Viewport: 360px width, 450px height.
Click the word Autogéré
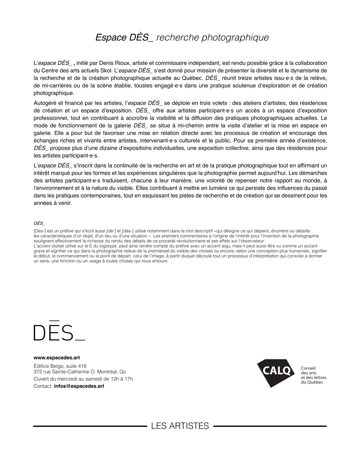(x=45, y=103)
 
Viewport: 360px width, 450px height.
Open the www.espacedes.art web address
(x=57, y=358)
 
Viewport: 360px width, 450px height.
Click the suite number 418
(x=82, y=366)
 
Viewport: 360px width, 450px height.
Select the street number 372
(x=38, y=372)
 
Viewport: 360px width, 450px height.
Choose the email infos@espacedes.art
(x=79, y=386)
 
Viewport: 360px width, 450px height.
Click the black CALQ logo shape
(x=275, y=372)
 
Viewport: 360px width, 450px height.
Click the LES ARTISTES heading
(x=180, y=426)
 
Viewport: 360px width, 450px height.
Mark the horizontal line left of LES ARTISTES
(x=90, y=426)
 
